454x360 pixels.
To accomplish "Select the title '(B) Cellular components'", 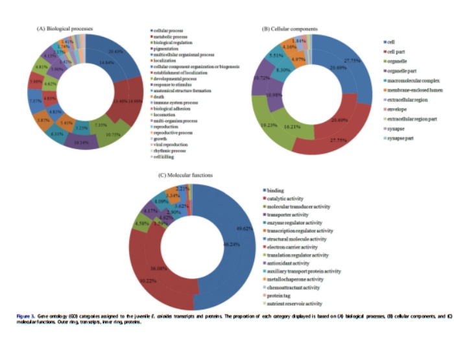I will (289, 29).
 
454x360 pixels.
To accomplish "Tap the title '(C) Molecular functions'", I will (187, 174).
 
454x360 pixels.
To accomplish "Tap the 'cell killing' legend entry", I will (164, 156).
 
